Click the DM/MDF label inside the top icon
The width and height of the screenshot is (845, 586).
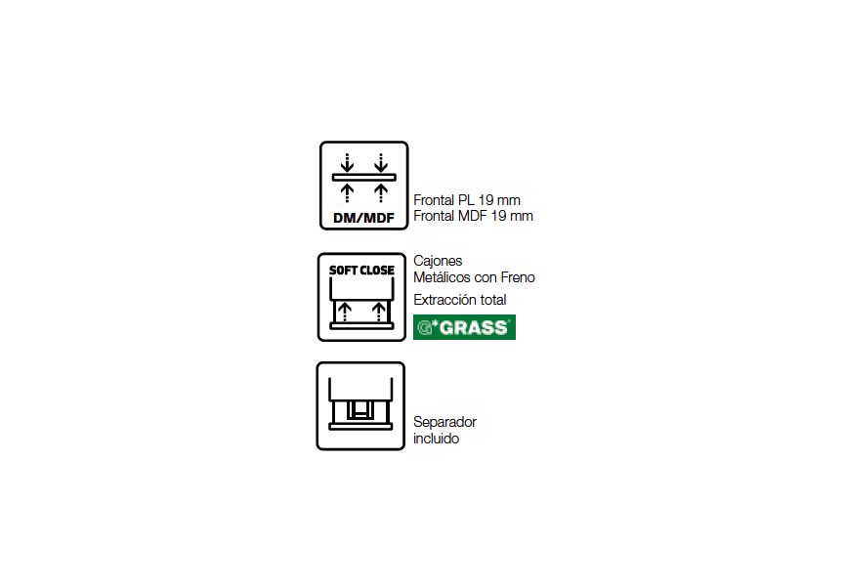(363, 218)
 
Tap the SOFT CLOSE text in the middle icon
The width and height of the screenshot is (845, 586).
(361, 270)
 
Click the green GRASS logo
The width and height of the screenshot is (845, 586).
(464, 327)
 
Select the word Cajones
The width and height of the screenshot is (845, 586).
(438, 261)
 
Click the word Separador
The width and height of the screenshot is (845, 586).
(444, 422)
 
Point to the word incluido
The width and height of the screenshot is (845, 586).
(436, 439)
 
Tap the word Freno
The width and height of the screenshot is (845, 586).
(518, 277)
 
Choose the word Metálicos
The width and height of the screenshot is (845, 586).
(442, 277)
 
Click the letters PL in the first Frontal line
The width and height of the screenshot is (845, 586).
(466, 200)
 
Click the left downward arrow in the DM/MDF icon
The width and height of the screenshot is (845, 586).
(347, 163)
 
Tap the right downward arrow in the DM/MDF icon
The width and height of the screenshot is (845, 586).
(381, 163)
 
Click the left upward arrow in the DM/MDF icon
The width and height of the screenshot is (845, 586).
(347, 192)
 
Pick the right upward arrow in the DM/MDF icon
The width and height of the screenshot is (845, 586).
(381, 192)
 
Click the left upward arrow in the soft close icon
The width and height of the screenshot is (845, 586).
(345, 312)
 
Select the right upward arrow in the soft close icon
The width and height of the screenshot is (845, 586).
(379, 312)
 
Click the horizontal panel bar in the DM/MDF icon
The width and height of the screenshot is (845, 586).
(363, 177)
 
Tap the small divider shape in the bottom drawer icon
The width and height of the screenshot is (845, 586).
(360, 410)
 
